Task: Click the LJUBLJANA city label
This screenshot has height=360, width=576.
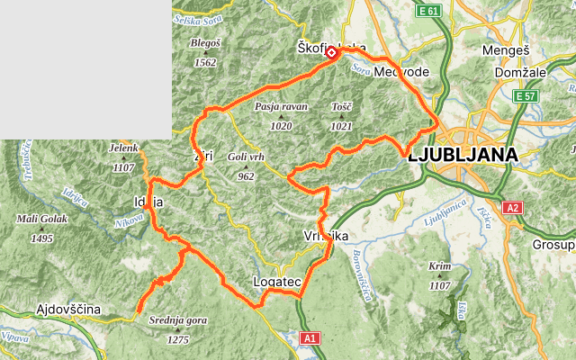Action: [x=463, y=155]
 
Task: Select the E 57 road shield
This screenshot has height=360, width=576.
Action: [x=525, y=95]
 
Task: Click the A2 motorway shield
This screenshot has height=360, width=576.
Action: [x=513, y=208]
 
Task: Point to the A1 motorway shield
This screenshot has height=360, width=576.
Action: [x=310, y=337]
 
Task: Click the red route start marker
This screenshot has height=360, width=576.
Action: [x=331, y=54]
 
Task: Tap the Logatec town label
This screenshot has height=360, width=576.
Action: [x=276, y=283]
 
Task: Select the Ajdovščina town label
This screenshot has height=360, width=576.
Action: [x=68, y=310]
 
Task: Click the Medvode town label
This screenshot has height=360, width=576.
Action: [x=402, y=71]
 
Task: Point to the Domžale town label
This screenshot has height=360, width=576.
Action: [x=519, y=71]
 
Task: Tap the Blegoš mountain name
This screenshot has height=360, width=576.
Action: [x=205, y=42]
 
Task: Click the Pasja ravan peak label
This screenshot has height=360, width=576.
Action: [x=281, y=106]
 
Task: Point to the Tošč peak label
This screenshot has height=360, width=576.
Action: [x=341, y=106]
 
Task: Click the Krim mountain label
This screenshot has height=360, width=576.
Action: [x=439, y=267]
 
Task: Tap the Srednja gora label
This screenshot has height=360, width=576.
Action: [x=177, y=319]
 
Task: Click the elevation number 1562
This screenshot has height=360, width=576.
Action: [x=205, y=63]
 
